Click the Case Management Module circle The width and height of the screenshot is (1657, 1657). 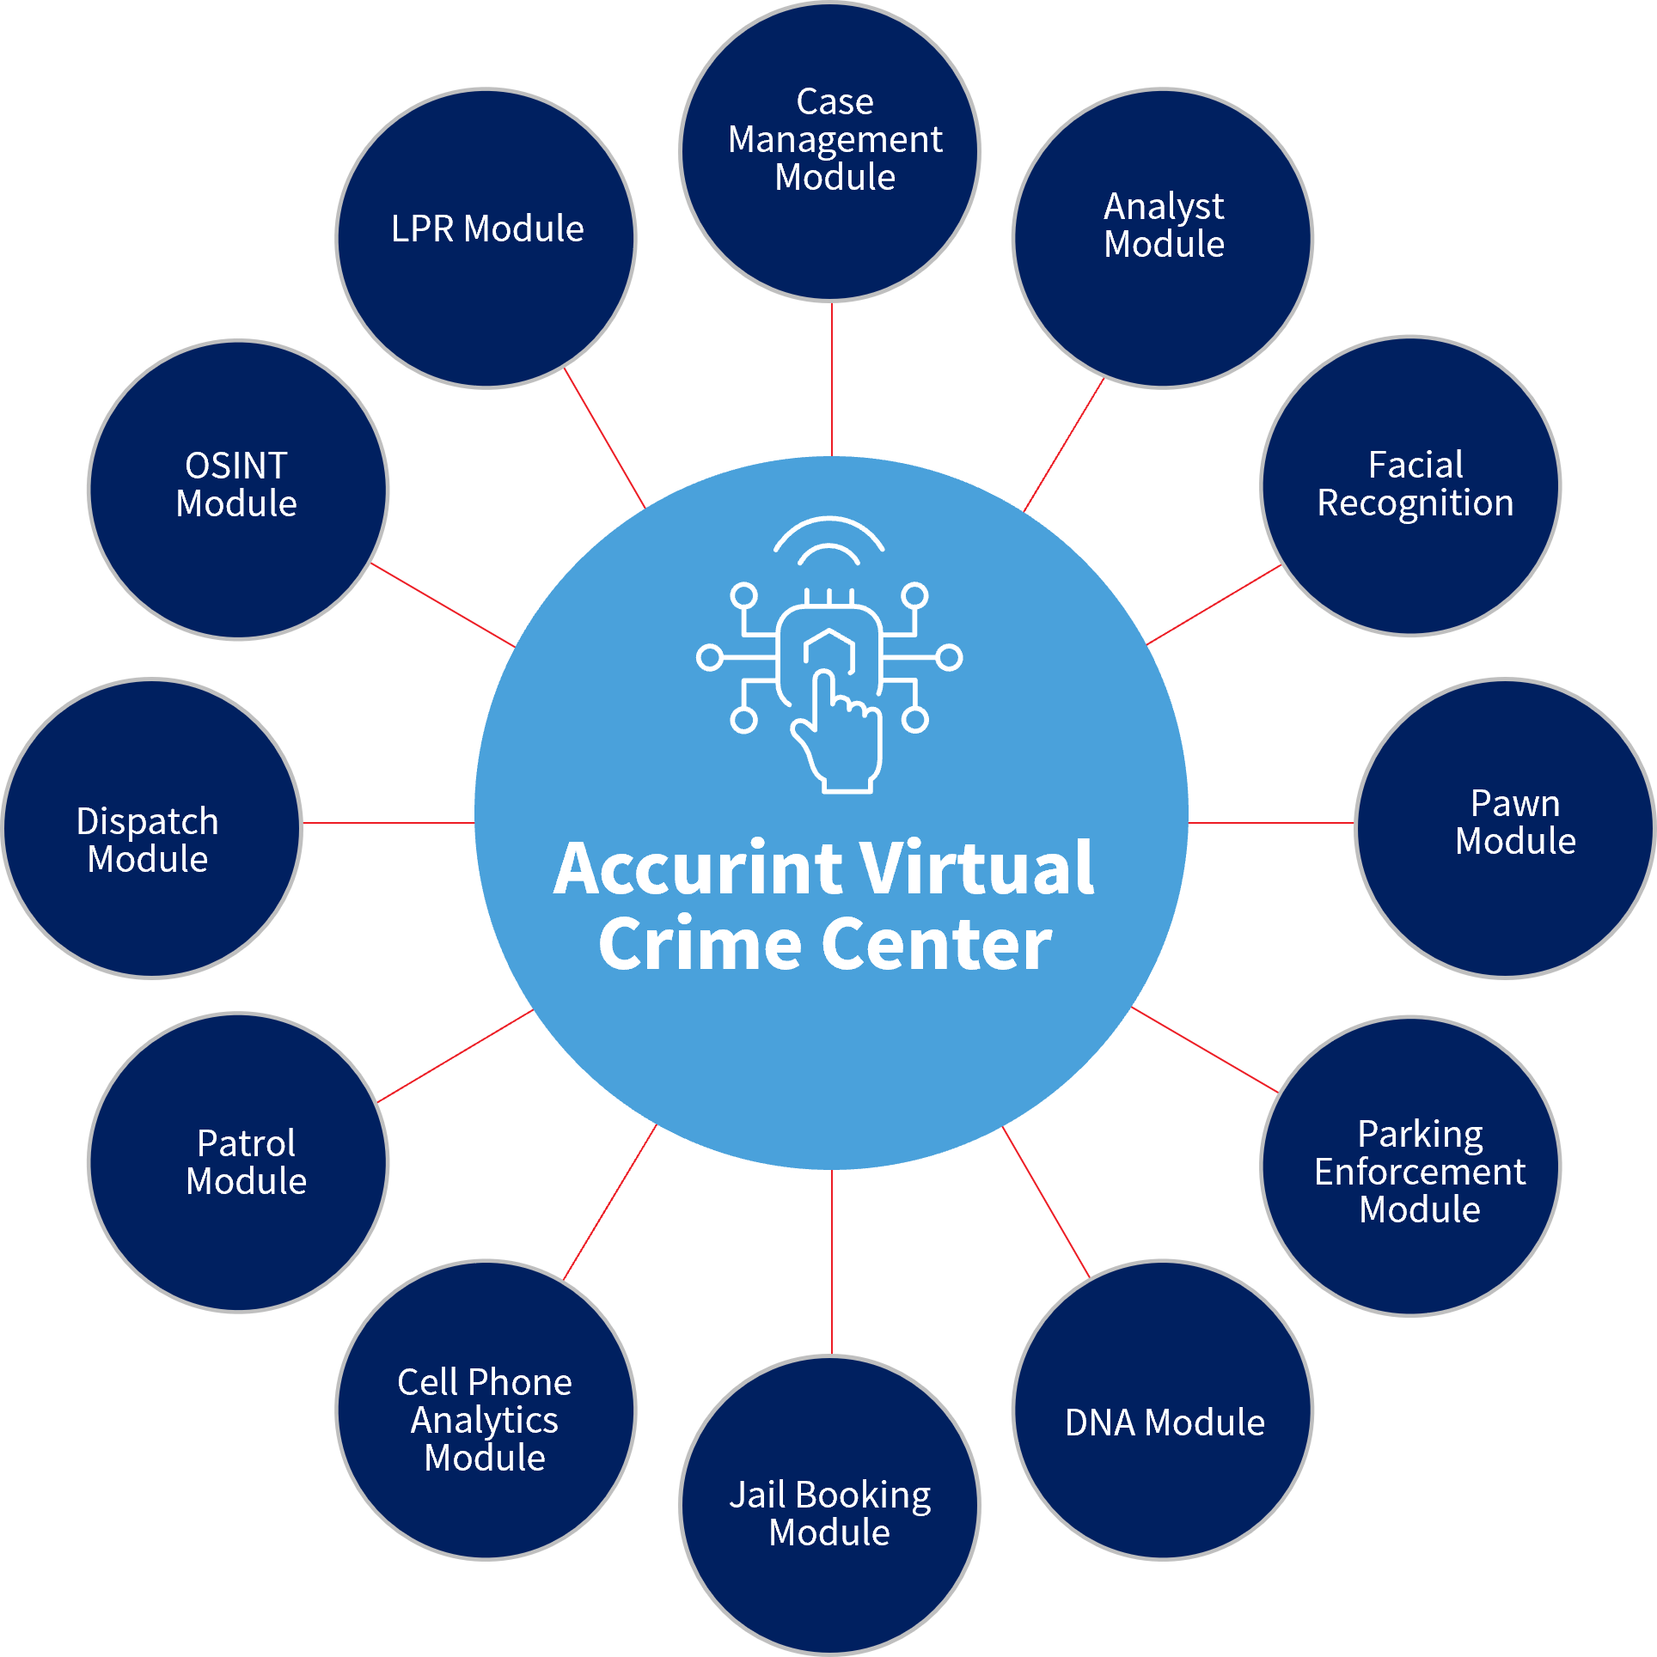830,152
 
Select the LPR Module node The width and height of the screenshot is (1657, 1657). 486,238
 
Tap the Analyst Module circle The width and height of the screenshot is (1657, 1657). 1163,238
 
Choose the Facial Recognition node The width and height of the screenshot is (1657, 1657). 1410,486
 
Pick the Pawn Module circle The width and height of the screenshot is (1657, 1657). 1505,828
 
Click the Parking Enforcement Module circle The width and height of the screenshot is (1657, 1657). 1410,1166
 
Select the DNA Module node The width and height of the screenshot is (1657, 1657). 1163,1410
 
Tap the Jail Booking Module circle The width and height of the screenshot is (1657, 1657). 830,1504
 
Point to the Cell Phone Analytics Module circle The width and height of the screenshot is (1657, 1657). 486,1410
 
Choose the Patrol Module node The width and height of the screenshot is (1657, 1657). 239,1162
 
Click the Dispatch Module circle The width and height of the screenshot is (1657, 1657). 152,828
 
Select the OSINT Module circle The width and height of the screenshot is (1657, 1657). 239,490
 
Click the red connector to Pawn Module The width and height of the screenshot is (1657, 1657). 1271,822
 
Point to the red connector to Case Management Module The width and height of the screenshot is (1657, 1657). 832,378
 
